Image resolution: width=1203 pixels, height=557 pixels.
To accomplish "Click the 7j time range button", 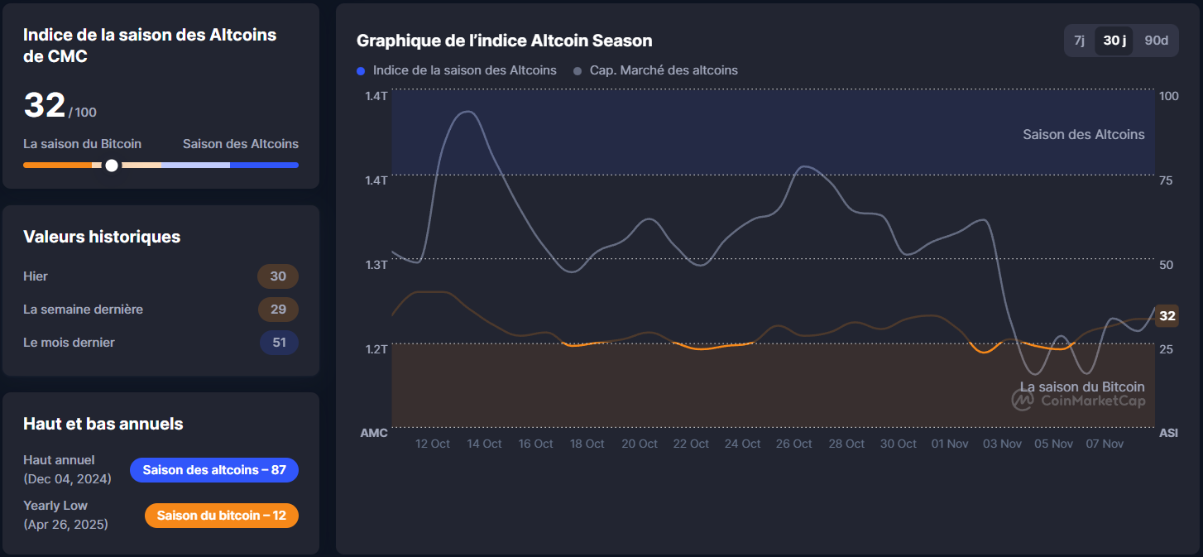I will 1079,41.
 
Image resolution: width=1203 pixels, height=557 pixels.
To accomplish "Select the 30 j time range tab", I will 1114,41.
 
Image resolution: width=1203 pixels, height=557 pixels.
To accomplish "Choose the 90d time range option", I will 1156,41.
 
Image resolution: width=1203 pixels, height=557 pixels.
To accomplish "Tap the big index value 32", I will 45,106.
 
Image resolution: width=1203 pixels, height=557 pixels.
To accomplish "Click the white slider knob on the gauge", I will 112,166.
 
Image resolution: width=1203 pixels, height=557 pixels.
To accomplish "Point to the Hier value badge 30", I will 278,276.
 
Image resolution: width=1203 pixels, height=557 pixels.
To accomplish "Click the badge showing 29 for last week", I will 278,310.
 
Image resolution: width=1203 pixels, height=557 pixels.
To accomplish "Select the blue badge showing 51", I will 279,343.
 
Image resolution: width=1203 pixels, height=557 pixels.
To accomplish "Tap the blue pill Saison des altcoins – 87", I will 214,470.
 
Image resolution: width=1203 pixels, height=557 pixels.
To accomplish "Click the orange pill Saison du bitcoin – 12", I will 221,516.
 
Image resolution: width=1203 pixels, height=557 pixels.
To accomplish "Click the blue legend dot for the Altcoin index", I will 361,71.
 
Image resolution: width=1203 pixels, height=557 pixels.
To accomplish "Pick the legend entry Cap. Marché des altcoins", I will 663,70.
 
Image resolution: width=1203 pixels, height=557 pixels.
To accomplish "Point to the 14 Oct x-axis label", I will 484,444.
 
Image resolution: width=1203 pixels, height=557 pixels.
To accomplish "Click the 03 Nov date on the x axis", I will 1001,444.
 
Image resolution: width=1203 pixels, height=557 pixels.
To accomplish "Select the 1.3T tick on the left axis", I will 376,265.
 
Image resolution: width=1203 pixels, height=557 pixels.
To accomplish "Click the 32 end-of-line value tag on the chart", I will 1167,315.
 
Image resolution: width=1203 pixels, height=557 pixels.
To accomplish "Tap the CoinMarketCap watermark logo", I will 1023,400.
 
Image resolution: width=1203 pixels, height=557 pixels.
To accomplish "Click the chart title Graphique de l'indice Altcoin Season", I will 504,41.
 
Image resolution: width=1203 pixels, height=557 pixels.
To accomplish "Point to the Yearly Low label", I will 55,506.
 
